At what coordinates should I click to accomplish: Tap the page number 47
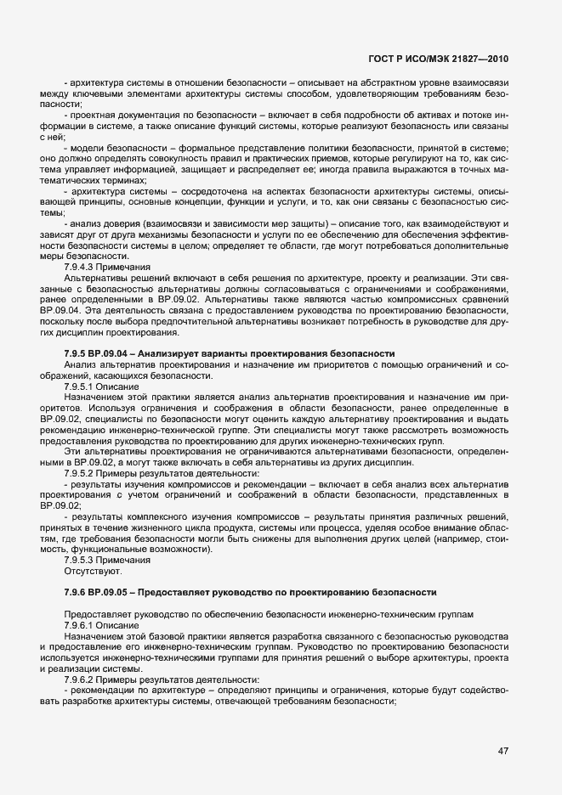click(502, 751)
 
